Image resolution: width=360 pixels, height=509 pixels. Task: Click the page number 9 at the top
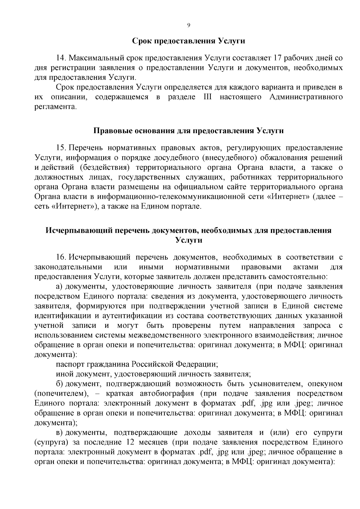click(188, 25)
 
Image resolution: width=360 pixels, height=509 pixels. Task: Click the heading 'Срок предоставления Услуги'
click(189, 41)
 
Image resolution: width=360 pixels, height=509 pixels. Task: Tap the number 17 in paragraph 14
click(278, 58)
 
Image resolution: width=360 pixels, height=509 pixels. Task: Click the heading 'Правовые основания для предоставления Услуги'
click(189, 131)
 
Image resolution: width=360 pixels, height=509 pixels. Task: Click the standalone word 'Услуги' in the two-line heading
click(189, 240)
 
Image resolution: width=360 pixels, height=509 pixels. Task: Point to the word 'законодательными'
click(68, 267)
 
